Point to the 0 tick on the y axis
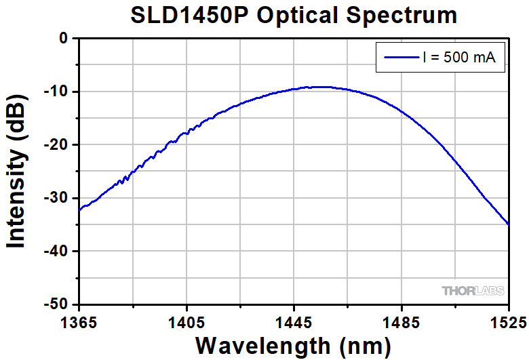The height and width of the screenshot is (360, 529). (x=64, y=39)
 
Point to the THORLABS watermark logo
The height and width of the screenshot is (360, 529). (x=473, y=291)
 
